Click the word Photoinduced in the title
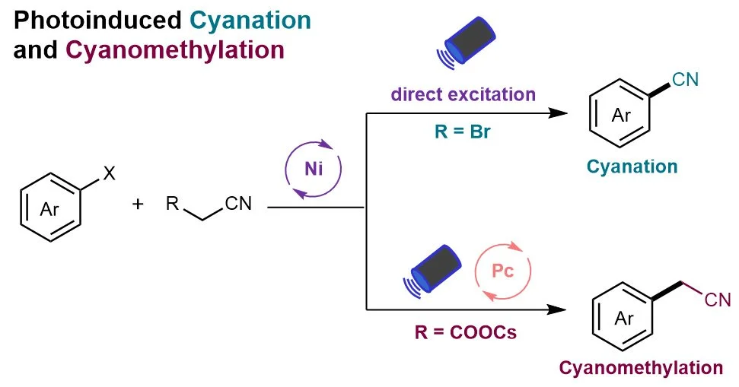[x=97, y=21]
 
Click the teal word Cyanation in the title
[x=250, y=21]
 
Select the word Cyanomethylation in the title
[x=175, y=50]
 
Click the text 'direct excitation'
[x=463, y=94]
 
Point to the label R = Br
[x=462, y=132]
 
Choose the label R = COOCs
[x=466, y=332]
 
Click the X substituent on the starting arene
[x=109, y=173]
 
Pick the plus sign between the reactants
[x=138, y=204]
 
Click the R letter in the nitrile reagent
[x=173, y=204]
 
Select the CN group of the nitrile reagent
[x=238, y=204]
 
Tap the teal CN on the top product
[x=686, y=80]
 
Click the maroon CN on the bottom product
[x=718, y=300]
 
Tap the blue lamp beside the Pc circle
[x=432, y=270]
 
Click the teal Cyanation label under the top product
[x=632, y=167]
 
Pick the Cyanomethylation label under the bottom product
[x=641, y=368]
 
